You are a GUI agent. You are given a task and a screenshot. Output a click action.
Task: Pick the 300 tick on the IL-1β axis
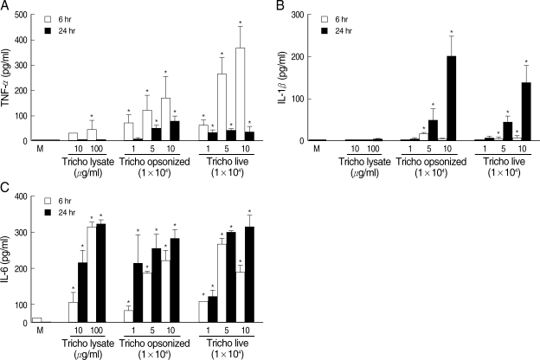(x=297, y=15)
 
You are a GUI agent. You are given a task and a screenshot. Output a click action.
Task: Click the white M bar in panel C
(x=35, y=319)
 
